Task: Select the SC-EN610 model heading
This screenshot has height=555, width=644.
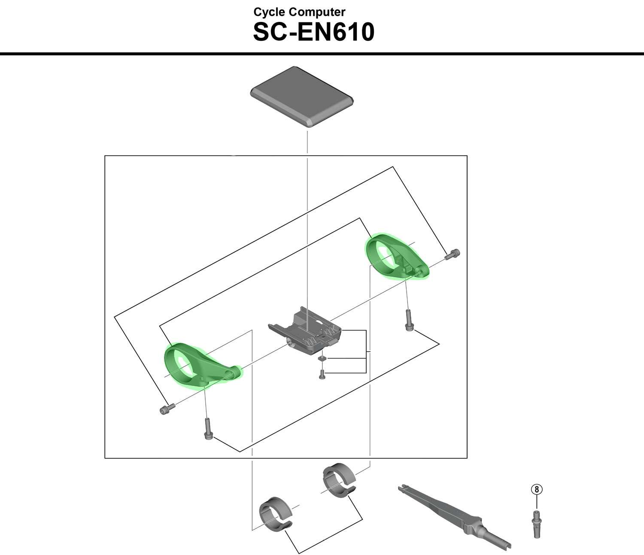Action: pos(313,32)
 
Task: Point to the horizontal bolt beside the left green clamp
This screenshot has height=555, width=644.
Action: pos(166,409)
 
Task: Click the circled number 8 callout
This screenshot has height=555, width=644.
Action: pos(537,489)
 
